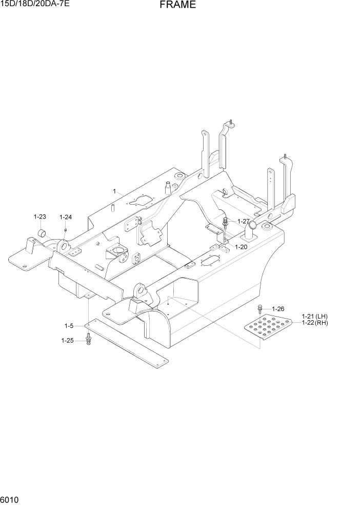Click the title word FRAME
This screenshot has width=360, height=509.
[x=177, y=5]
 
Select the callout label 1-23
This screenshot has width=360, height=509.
[x=40, y=217]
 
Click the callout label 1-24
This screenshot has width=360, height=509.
[x=65, y=217]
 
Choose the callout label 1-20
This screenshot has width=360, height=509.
[x=241, y=247]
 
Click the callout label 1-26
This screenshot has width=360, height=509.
[x=277, y=309]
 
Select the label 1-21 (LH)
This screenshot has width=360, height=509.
[x=314, y=316]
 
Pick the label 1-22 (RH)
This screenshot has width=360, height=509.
[x=314, y=323]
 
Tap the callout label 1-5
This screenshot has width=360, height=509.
[x=69, y=326]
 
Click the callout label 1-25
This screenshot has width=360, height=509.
[x=67, y=340]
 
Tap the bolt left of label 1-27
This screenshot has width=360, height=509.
[x=226, y=223]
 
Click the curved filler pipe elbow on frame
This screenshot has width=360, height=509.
[x=250, y=230]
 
